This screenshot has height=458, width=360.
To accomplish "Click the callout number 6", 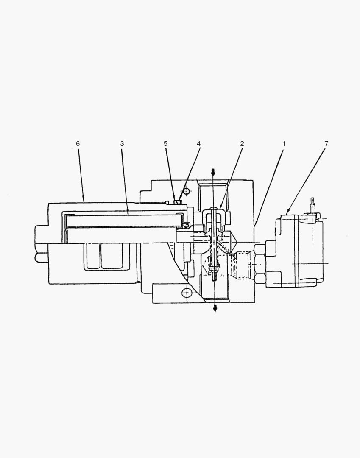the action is tap(78, 144).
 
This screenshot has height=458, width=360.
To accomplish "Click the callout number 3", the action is tap(122, 144).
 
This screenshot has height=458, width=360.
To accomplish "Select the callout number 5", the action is tap(165, 144).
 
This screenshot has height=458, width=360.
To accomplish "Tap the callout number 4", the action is tap(198, 144).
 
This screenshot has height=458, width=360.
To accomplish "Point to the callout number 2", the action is tap(242, 144).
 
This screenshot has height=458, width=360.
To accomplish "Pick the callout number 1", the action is tap(284, 144).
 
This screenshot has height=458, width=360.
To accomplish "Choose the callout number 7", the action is tap(327, 144).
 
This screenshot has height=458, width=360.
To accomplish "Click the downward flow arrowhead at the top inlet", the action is tap(213, 172).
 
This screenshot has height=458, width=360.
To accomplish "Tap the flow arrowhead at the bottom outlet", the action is tap(215, 308).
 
